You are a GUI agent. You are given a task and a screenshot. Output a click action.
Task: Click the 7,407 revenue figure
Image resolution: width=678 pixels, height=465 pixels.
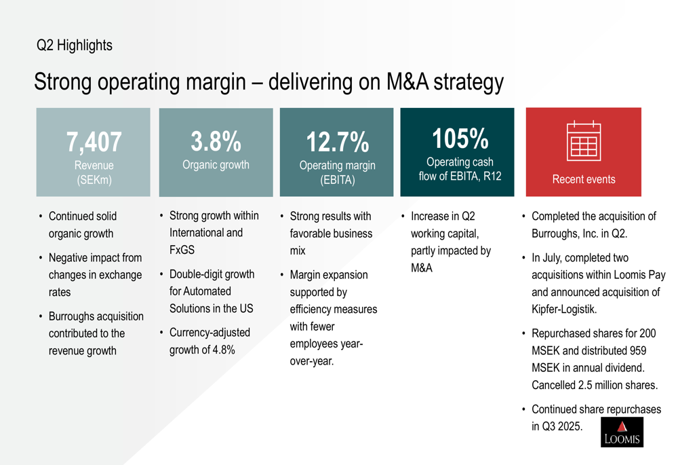[x=94, y=143]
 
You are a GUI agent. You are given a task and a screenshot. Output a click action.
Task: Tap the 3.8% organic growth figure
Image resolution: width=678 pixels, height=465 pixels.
[x=216, y=142]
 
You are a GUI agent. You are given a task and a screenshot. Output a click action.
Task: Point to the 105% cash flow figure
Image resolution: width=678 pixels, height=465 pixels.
[x=460, y=138]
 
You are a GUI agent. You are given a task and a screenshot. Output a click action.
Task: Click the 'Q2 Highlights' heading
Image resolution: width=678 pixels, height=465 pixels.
[x=75, y=45]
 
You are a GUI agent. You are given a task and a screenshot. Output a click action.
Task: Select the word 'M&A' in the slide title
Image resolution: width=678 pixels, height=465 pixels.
[x=407, y=82]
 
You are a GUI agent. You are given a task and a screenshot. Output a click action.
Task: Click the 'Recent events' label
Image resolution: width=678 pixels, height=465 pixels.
[x=584, y=179]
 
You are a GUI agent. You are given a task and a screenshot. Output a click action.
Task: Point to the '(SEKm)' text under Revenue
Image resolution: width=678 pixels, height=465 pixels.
[x=94, y=180]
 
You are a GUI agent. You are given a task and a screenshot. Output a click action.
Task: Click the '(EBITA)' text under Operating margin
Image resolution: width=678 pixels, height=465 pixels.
[x=337, y=181]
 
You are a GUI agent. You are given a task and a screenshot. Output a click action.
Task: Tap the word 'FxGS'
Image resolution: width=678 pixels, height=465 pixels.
[x=182, y=250]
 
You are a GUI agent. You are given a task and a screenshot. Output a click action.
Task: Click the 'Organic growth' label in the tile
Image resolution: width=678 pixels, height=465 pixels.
[x=216, y=164]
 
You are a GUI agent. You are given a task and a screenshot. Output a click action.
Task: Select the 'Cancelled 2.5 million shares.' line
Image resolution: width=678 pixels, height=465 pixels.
[x=594, y=385]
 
